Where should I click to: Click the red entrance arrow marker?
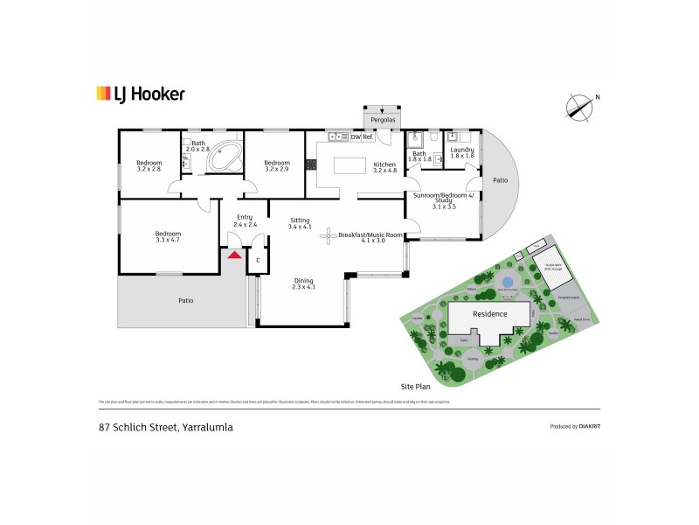[x=233, y=255]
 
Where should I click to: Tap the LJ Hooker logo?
[x=140, y=94]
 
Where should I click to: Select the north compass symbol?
[x=578, y=107]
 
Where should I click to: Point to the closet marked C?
[x=259, y=260]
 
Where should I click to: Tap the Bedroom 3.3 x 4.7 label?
[x=168, y=236]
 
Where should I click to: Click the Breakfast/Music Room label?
[x=374, y=235]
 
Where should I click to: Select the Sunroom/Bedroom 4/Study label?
[x=445, y=201]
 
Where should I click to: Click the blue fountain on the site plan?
[x=508, y=282]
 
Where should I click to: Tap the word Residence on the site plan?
[x=488, y=313]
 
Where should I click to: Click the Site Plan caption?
[x=417, y=386]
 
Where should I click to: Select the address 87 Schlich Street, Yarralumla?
[x=165, y=427]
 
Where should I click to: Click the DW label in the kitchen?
[x=356, y=137]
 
